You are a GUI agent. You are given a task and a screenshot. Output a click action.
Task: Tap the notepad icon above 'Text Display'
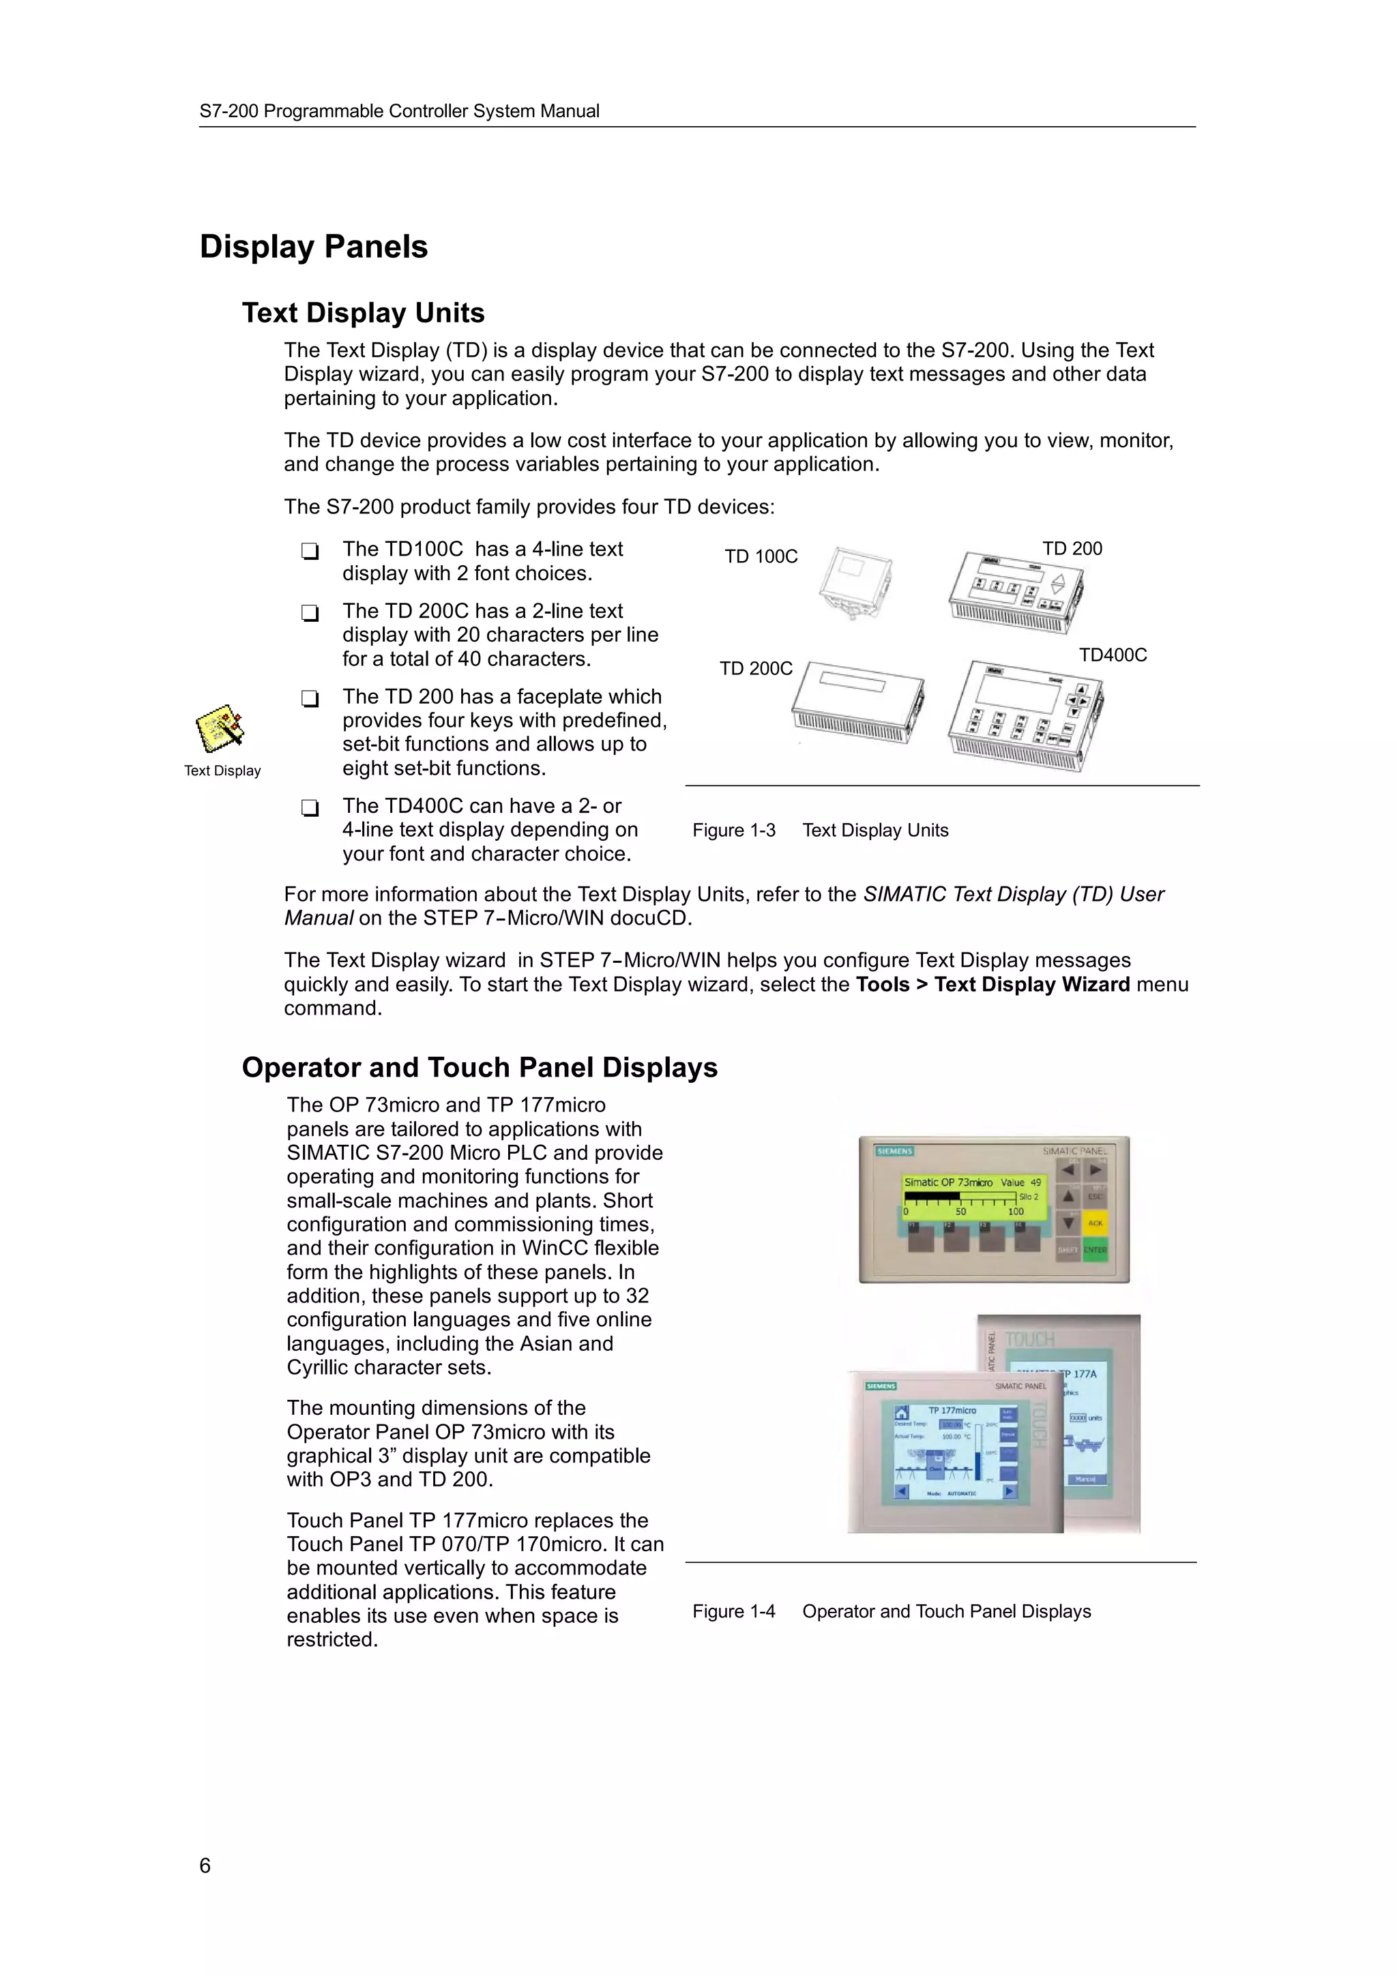coord(220,728)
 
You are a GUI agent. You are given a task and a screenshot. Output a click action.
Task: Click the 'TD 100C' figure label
coord(761,557)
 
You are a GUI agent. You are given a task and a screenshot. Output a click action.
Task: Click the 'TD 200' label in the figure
coord(1072,549)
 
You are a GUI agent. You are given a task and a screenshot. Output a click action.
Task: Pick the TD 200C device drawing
coord(857,702)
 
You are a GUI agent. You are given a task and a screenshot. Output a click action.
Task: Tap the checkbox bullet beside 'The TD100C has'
coord(310,551)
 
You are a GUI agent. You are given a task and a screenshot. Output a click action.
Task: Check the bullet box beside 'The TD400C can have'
coord(310,807)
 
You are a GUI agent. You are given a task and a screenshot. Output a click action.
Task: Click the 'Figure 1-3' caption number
coord(733,830)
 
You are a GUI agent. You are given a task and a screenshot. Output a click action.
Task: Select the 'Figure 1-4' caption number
coord(733,1611)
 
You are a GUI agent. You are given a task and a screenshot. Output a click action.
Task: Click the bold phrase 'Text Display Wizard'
coord(1031,985)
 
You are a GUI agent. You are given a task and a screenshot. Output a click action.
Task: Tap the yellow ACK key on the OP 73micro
coord(1095,1223)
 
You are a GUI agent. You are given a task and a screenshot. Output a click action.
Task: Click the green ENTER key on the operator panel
coord(1095,1250)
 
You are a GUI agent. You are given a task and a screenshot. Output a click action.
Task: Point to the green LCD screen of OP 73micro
coord(972,1196)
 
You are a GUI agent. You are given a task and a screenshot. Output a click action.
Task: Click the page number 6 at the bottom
coord(205,1866)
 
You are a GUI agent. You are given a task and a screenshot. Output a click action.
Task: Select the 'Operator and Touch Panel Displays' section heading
coord(480,1068)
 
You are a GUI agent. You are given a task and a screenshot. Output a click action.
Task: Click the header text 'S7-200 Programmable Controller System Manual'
coord(400,111)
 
